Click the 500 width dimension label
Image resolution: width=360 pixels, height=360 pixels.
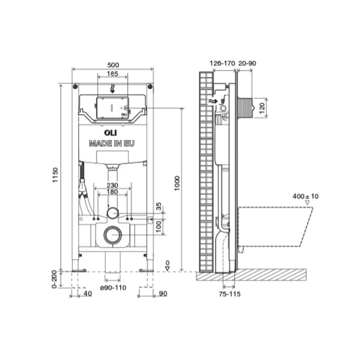pyautogui.click(x=113, y=65)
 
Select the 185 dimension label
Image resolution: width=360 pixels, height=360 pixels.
pyautogui.click(x=112, y=73)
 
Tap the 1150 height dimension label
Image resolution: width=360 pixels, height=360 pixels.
pyautogui.click(x=55, y=175)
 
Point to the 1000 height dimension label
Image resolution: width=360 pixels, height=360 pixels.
pyautogui.click(x=177, y=184)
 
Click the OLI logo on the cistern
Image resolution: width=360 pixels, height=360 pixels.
pyautogui.click(x=110, y=133)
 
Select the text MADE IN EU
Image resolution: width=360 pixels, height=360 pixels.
pyautogui.click(x=112, y=144)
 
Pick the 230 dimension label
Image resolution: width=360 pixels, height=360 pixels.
pyautogui.click(x=112, y=185)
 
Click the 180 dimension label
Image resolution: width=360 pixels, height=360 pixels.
pyautogui.click(x=112, y=192)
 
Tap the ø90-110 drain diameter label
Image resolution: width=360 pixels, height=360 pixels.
pyautogui.click(x=113, y=288)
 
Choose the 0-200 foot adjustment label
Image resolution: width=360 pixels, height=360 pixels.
pyautogui.click(x=54, y=279)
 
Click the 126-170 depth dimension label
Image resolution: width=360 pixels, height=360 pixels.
pyautogui.click(x=222, y=63)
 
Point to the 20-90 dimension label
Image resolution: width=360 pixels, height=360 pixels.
pyautogui.click(x=247, y=63)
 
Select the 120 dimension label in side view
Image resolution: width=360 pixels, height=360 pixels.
pyautogui.click(x=262, y=108)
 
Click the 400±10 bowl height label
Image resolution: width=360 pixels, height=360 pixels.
pyautogui.click(x=306, y=196)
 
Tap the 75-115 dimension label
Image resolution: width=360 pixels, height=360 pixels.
pyautogui.click(x=229, y=294)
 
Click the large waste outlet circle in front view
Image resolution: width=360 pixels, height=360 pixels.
pyautogui.click(x=113, y=234)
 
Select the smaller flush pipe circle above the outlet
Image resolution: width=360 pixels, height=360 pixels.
pyautogui.click(x=113, y=212)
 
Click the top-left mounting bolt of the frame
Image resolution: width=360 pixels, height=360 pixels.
pyautogui.click(x=75, y=86)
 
